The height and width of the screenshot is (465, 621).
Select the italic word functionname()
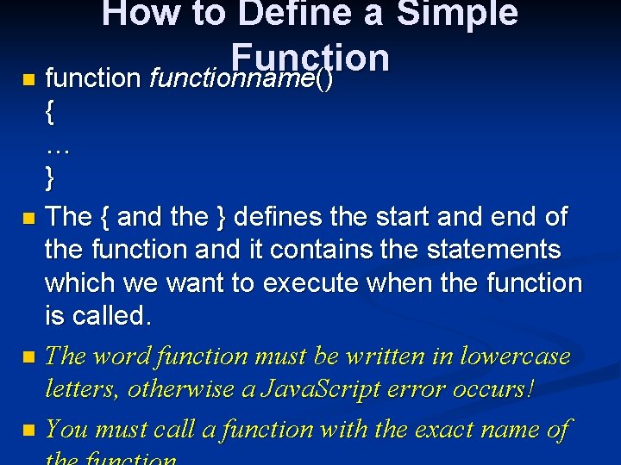point(241,79)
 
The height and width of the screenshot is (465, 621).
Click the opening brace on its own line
point(49,112)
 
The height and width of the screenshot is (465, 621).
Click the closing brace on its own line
point(49,178)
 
